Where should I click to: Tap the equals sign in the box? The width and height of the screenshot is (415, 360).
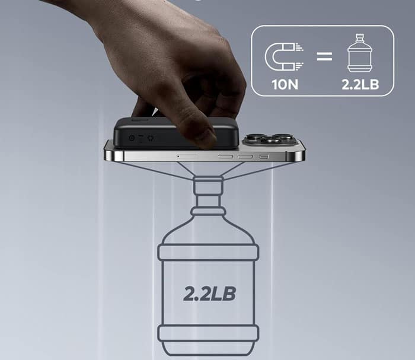point(324,56)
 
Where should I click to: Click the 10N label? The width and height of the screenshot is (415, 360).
point(285,84)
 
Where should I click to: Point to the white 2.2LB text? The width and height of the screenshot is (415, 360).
point(360,84)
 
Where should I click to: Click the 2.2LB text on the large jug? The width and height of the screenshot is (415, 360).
point(209,294)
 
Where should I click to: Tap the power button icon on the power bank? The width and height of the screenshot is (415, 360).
point(132,138)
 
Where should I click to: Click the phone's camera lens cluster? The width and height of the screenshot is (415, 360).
point(267,139)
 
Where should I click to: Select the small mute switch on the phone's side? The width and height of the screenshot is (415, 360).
point(264,157)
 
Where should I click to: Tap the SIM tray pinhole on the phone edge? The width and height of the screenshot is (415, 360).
point(178,157)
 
